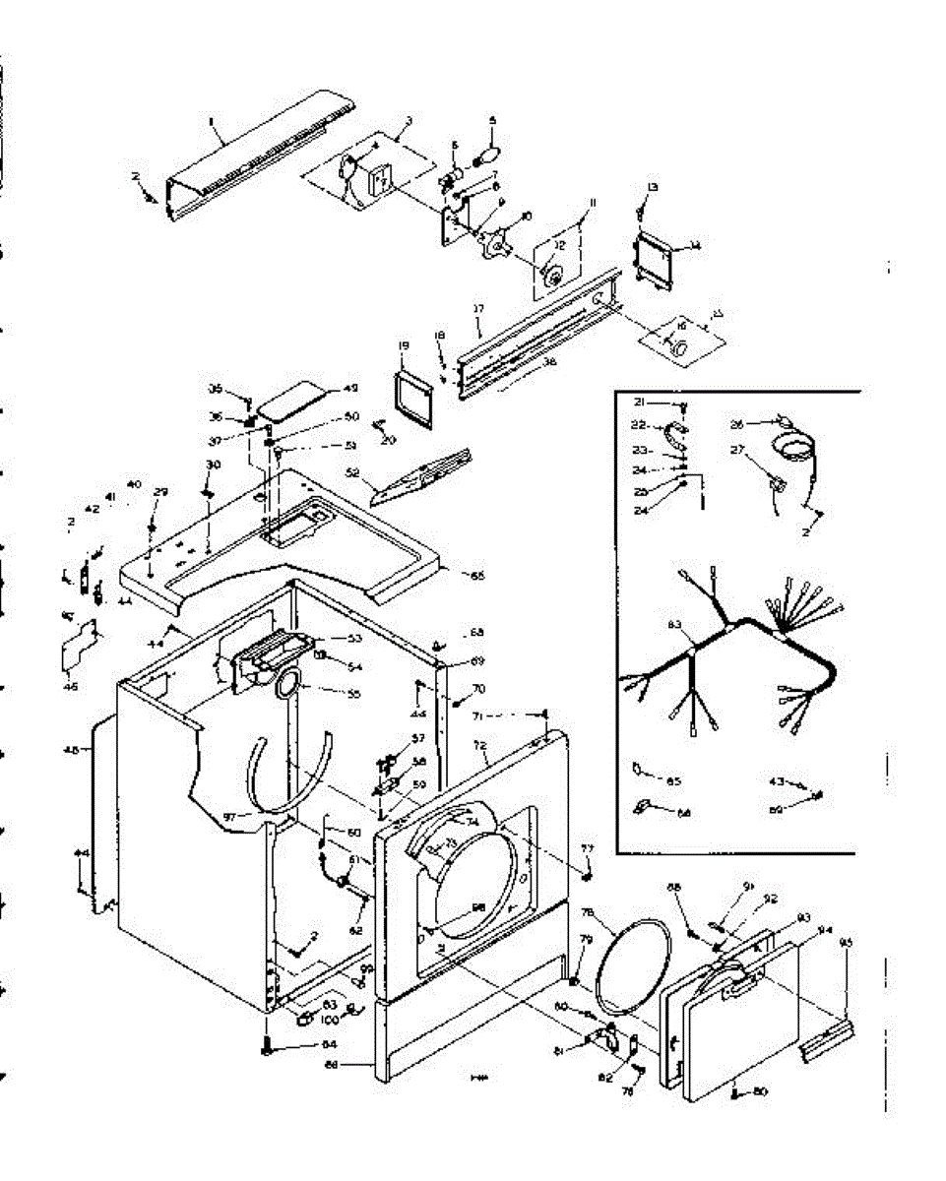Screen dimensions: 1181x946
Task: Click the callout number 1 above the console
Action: [211, 121]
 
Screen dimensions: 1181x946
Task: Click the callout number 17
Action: [479, 309]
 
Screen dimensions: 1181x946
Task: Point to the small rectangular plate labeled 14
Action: [653, 257]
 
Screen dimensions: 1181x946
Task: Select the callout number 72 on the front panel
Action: [480, 748]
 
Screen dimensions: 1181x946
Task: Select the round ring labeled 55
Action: [288, 684]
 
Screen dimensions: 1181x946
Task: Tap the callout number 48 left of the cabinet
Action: [70, 750]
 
